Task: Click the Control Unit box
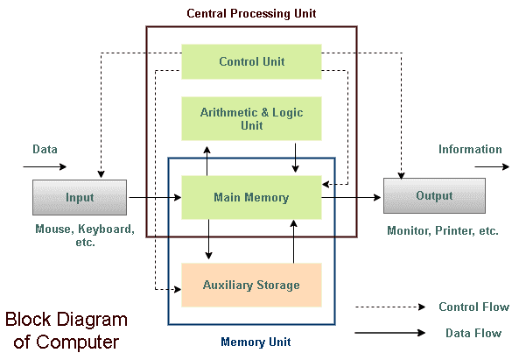click(251, 61)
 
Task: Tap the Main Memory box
click(251, 197)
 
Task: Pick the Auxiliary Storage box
click(251, 285)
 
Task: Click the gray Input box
click(80, 197)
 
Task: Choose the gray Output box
click(434, 195)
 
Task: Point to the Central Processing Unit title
click(251, 13)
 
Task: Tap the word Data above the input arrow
click(46, 150)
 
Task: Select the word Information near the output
click(470, 150)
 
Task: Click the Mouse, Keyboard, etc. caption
click(85, 236)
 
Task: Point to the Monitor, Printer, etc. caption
click(443, 231)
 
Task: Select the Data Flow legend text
click(473, 333)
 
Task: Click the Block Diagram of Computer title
click(67, 330)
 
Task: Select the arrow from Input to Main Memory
click(154, 199)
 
